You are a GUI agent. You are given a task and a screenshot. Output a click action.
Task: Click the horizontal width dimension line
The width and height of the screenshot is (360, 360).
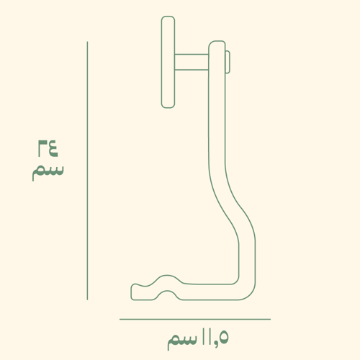[x=194, y=319]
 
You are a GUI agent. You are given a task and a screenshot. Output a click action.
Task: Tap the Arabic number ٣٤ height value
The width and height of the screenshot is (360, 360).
[x=46, y=149]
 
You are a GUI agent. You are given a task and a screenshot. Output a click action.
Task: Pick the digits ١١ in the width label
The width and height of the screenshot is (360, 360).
[x=207, y=336]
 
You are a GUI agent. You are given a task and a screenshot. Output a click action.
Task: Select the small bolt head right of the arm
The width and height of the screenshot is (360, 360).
[x=228, y=63]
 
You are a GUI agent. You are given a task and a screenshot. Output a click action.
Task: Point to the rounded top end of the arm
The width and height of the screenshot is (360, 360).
[x=217, y=45]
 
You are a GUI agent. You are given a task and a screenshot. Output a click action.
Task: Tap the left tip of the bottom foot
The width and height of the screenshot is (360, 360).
[x=133, y=292]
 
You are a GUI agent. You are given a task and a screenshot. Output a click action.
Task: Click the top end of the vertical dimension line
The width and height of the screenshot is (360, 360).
[x=87, y=42]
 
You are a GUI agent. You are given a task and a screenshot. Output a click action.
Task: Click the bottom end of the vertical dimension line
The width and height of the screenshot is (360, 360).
[x=87, y=299]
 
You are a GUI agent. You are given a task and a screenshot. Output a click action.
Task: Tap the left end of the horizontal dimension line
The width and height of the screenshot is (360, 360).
[x=120, y=319]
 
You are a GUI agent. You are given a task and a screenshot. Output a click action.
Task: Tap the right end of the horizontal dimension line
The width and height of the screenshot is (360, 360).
[x=270, y=319]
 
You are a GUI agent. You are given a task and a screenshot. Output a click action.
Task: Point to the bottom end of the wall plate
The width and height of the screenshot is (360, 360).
[x=168, y=105]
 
